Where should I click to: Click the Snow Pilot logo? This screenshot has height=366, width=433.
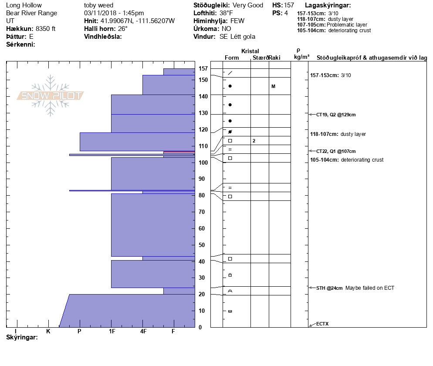pyautogui.click(x=51, y=96)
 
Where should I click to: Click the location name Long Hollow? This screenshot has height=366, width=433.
pyautogui.click(x=24, y=5)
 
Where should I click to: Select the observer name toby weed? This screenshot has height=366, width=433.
pyautogui.click(x=98, y=5)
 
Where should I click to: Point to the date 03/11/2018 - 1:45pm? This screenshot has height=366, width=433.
pyautogui.click(x=114, y=13)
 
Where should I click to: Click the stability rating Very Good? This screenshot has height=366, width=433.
pyautogui.click(x=248, y=5)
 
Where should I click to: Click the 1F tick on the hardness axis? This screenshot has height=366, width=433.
pyautogui.click(x=112, y=332)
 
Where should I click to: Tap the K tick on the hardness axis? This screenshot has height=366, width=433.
pyautogui.click(x=48, y=332)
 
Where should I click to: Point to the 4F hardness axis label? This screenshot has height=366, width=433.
pyautogui.click(x=143, y=332)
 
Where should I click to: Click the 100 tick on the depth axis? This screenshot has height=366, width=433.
pyautogui.click(x=203, y=163)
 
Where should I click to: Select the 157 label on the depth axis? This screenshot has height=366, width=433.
pyautogui.click(x=203, y=68)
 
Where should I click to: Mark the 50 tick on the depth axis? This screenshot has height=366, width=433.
pyautogui.click(x=203, y=245)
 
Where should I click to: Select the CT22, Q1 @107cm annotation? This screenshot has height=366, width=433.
pyautogui.click(x=336, y=151)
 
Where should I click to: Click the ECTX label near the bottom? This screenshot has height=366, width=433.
pyautogui.click(x=322, y=324)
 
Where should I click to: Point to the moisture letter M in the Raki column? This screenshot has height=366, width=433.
pyautogui.click(x=273, y=86)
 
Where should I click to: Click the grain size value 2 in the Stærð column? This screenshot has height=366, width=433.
pyautogui.click(x=254, y=141)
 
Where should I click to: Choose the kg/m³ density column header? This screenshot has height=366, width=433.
pyautogui.click(x=301, y=57)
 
